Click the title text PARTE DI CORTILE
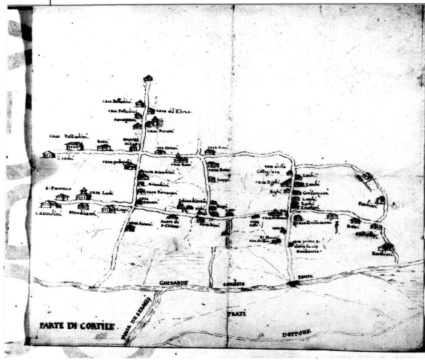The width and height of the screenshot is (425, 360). pos(77,326)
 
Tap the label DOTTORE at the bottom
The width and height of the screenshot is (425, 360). pos(297,334)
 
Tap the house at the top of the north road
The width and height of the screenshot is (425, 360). pos(148,79)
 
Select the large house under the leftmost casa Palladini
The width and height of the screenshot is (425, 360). pos(74,145)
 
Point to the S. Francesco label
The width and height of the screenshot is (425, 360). pos(58,188)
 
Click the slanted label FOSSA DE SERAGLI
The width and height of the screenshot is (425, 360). pos(136,319)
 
